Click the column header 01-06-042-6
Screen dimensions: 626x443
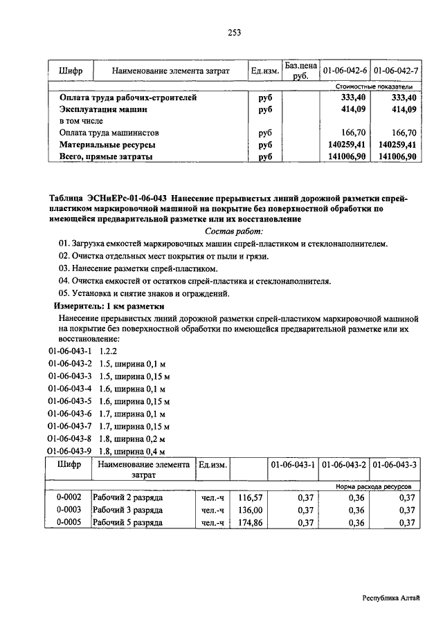tap(345, 71)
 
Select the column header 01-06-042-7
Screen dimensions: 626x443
tap(395, 71)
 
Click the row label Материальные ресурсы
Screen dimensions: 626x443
tap(107, 145)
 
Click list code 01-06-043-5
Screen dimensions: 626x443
tap(70, 401)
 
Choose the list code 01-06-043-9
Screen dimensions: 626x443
tap(70, 450)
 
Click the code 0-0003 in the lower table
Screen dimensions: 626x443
tap(69, 510)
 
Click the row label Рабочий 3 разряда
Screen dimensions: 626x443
tap(128, 510)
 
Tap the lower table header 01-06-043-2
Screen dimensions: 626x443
tap(345, 466)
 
